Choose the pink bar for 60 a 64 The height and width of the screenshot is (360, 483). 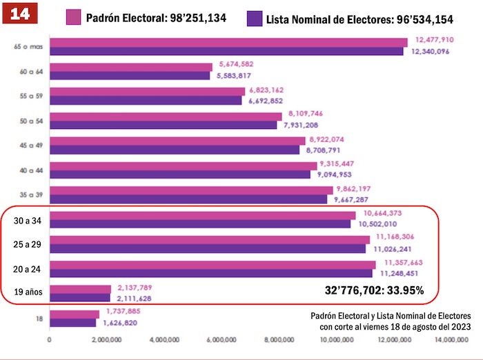point(131,67)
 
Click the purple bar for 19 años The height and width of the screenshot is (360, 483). point(80,298)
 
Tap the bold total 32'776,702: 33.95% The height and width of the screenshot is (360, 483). point(374,290)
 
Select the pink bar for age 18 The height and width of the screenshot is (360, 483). point(74,314)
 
